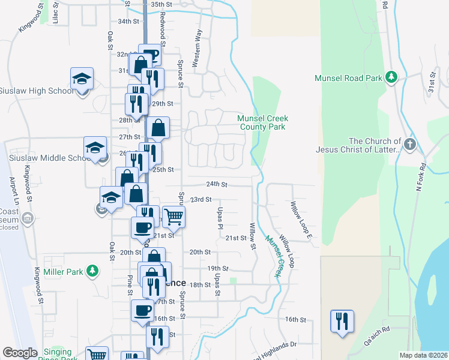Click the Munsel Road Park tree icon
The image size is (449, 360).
pyautogui.click(x=391, y=77)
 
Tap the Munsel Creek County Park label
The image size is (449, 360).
pyautogui.click(x=263, y=122)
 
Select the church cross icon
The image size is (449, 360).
pyautogui.click(x=409, y=144)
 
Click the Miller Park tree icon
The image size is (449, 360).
pyautogui.click(x=92, y=271)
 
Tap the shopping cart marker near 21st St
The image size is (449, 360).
pyautogui.click(x=173, y=217)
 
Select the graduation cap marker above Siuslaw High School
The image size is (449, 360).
pyautogui.click(x=82, y=79)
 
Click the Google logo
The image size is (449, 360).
pyautogui.click(x=20, y=353)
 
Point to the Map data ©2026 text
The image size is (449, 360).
pyautogui.click(x=423, y=355)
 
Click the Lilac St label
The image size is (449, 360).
pyautogui.click(x=55, y=15)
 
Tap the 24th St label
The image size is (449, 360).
pyautogui.click(x=217, y=184)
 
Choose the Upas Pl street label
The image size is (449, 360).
pyautogui.click(x=220, y=219)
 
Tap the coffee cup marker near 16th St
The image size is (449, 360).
pyautogui.click(x=142, y=311)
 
